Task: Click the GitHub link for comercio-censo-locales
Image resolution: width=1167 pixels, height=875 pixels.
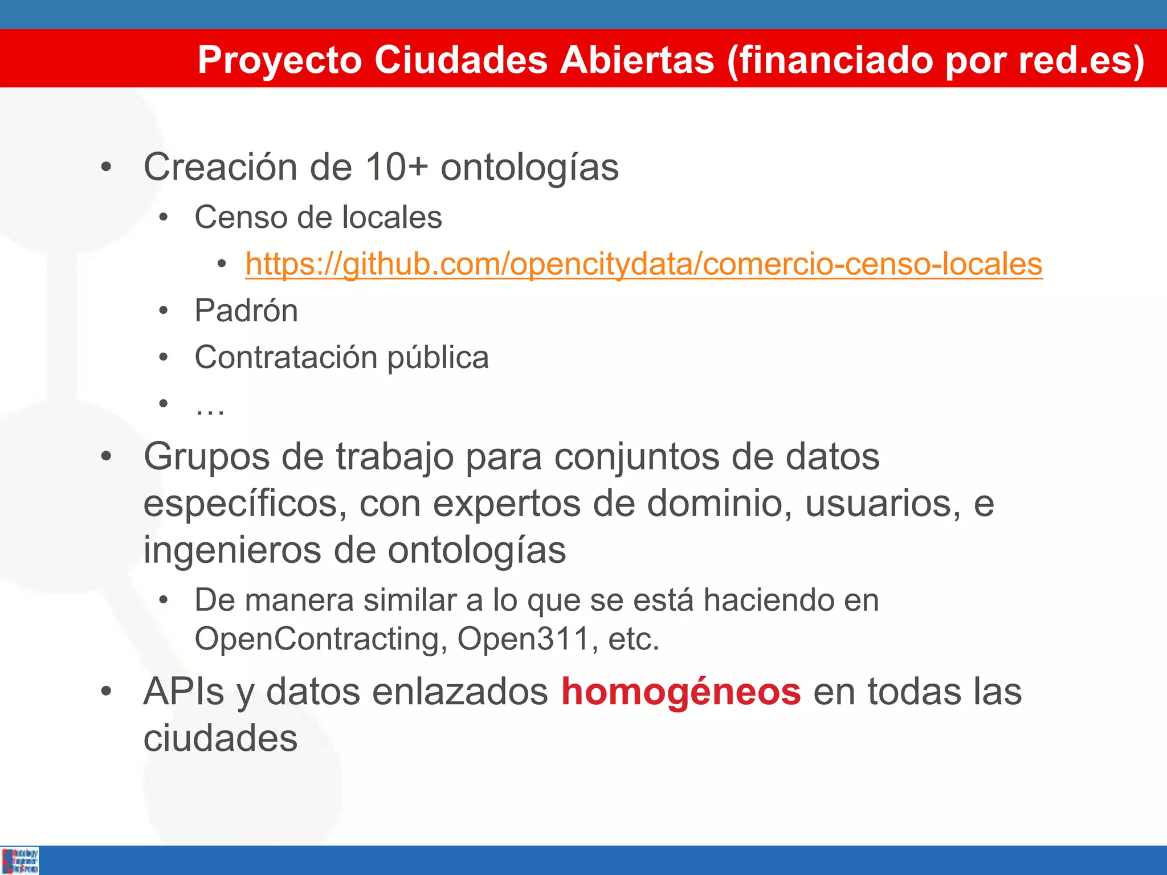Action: (644, 264)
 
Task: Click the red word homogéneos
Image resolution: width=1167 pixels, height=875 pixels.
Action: (681, 692)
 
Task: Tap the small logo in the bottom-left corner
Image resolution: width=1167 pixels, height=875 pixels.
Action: (20, 860)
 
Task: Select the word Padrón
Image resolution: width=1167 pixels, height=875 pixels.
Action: (246, 311)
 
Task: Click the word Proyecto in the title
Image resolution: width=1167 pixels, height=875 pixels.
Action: (280, 60)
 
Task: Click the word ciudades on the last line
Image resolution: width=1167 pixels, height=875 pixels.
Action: (220, 739)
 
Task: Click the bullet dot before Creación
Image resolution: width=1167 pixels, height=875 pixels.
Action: (106, 167)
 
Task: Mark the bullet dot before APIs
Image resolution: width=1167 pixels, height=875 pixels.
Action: (106, 692)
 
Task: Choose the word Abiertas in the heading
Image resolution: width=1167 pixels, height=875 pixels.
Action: (636, 60)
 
